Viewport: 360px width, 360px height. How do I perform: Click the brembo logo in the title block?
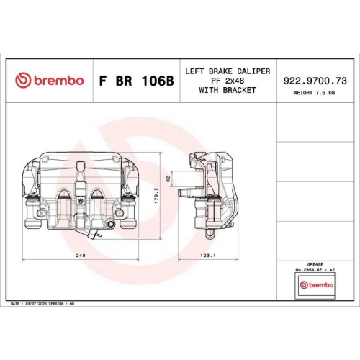(49, 81)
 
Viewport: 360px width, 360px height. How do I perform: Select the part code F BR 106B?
(135, 81)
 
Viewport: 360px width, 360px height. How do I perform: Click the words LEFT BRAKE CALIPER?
(228, 71)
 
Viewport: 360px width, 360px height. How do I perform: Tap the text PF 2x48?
(228, 81)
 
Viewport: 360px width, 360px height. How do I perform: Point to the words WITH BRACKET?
(228, 90)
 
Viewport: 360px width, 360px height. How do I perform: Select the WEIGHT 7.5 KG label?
(316, 93)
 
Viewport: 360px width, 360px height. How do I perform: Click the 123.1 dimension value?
(209, 256)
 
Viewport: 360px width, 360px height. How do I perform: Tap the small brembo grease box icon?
(315, 286)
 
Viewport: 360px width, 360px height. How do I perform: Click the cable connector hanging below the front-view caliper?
(92, 235)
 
